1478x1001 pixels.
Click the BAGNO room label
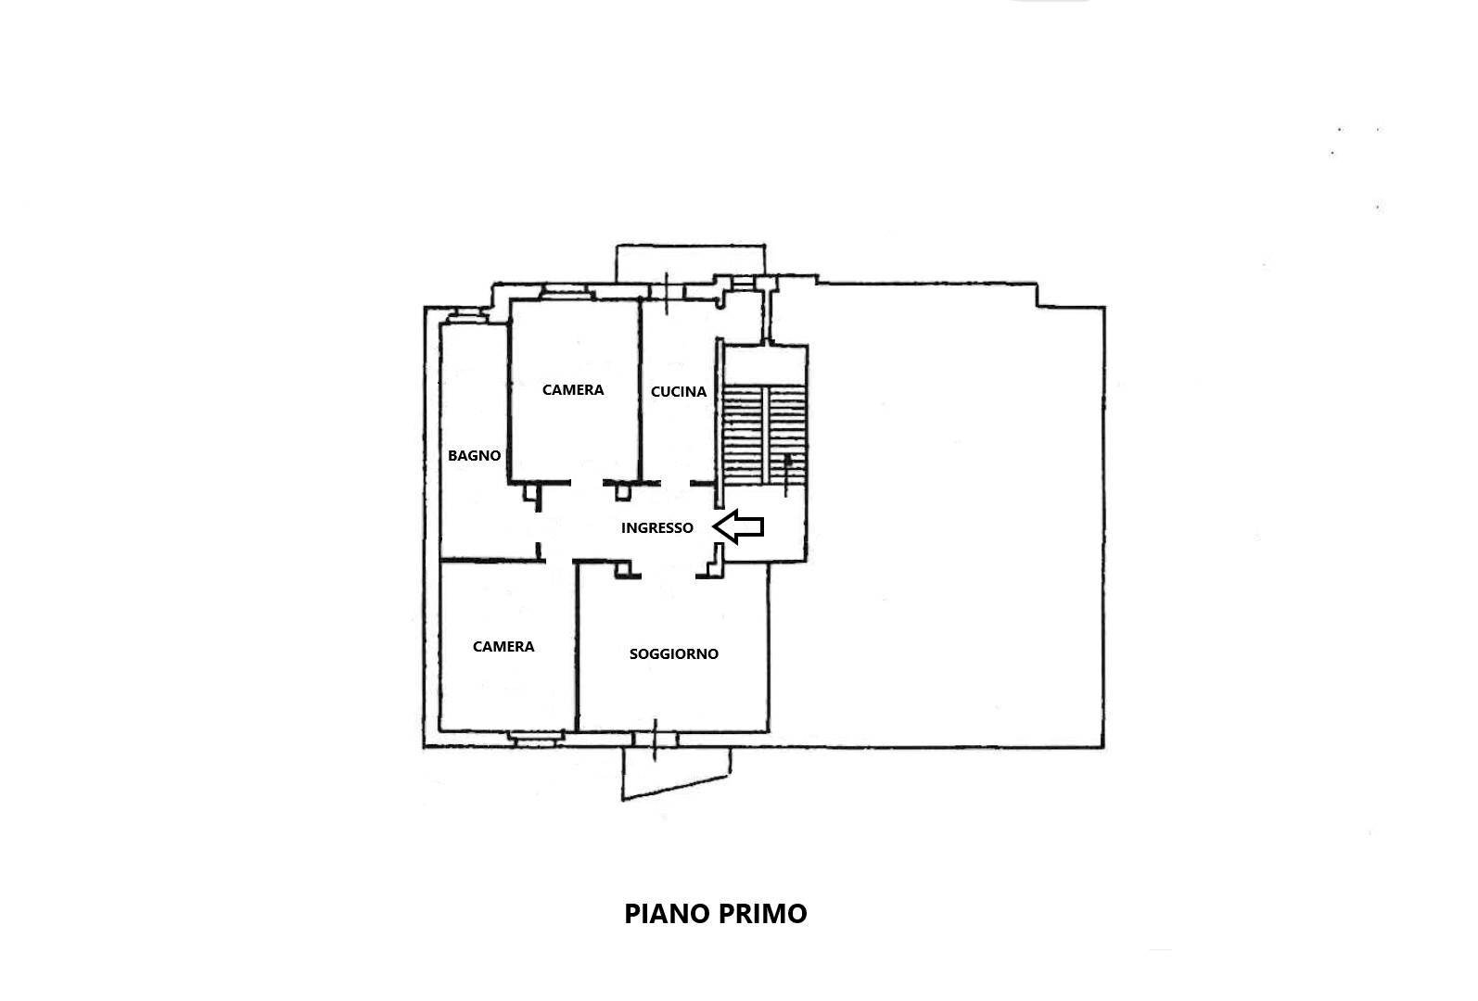(474, 456)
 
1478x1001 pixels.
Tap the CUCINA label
(679, 392)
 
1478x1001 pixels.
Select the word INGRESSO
(657, 527)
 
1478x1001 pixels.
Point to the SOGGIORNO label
(674, 654)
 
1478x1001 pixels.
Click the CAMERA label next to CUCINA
(573, 389)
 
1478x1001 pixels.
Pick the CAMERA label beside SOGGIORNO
(503, 646)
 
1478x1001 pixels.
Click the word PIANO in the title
(667, 914)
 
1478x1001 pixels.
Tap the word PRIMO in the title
(763, 914)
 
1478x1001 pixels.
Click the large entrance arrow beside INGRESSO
(738, 526)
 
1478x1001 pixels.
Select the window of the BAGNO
(467, 317)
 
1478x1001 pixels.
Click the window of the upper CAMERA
(564, 292)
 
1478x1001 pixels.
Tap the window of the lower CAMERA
(537, 739)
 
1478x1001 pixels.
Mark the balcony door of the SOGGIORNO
(656, 740)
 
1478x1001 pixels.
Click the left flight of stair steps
(743, 435)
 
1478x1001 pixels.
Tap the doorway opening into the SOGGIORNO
(668, 577)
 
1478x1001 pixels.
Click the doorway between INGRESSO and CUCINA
(675, 484)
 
